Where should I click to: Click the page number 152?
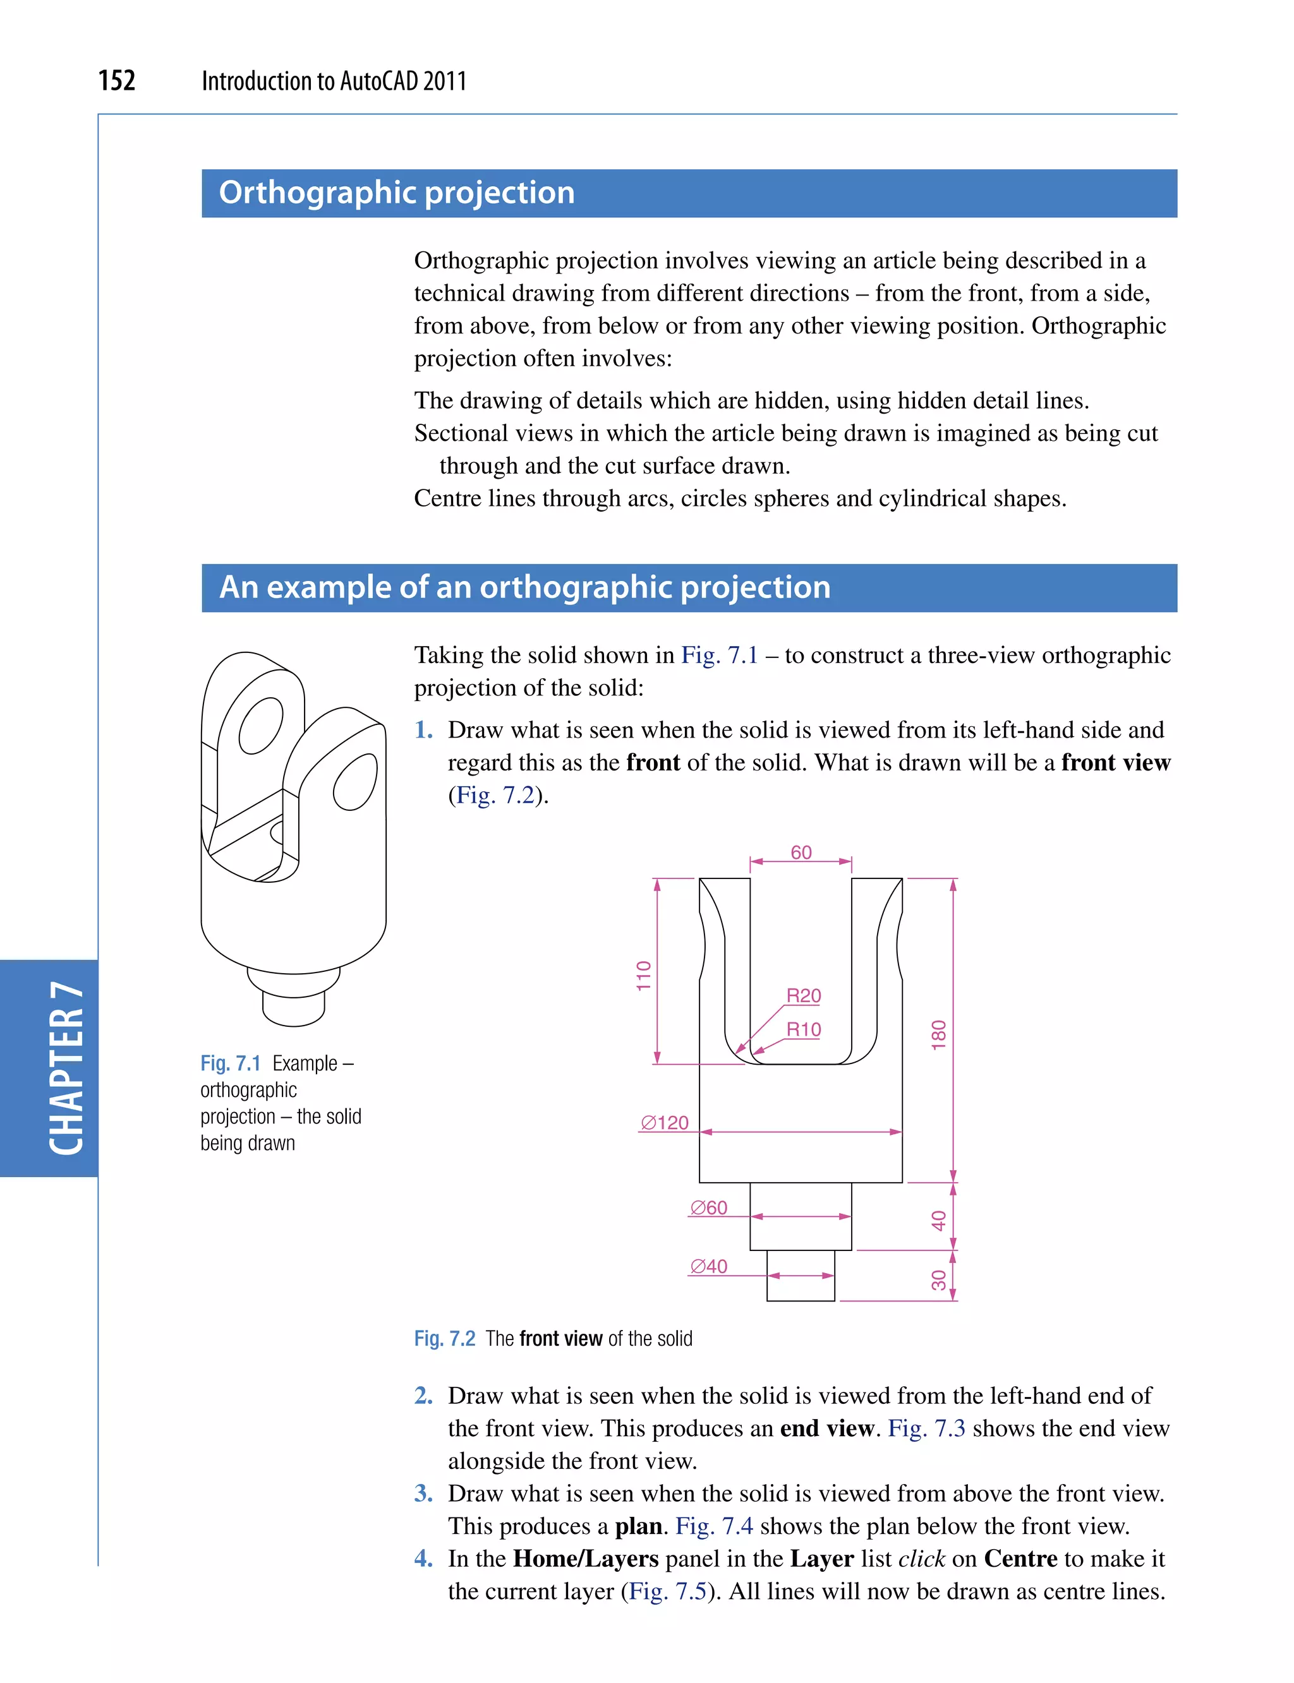coord(117,81)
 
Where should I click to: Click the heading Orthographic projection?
coord(397,193)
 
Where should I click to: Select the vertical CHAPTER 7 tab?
coord(66,1069)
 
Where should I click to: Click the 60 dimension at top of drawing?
coord(801,853)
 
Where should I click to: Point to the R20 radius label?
coord(803,995)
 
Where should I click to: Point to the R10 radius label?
coord(803,1029)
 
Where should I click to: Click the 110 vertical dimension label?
coord(644,976)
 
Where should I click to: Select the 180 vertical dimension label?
coord(938,1034)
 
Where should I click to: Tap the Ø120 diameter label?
coord(665,1122)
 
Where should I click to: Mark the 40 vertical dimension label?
coord(938,1220)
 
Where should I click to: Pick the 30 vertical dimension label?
coord(938,1279)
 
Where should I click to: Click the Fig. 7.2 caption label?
coord(444,1339)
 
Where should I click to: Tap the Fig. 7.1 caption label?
coord(230,1063)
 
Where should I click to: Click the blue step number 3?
coord(423,1494)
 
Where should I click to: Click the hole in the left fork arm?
coord(260,725)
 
